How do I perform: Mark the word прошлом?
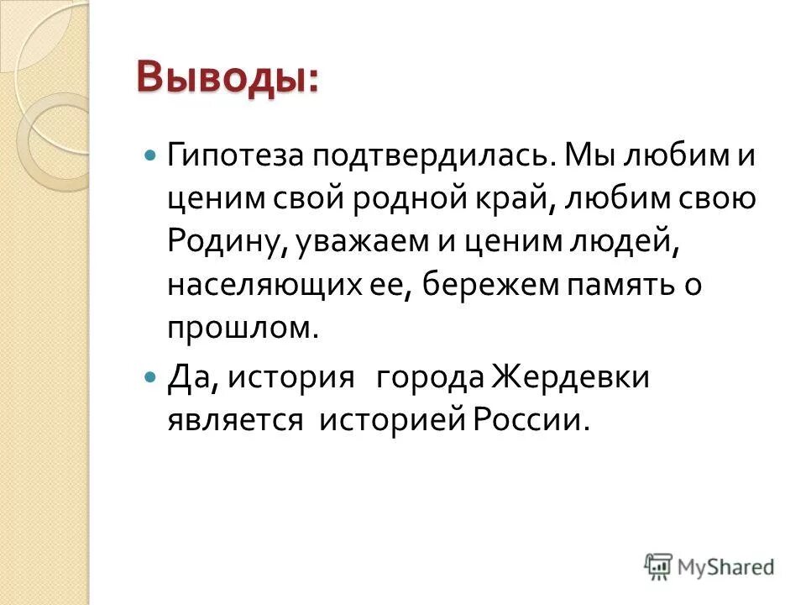point(243,328)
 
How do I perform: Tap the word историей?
point(391,419)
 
